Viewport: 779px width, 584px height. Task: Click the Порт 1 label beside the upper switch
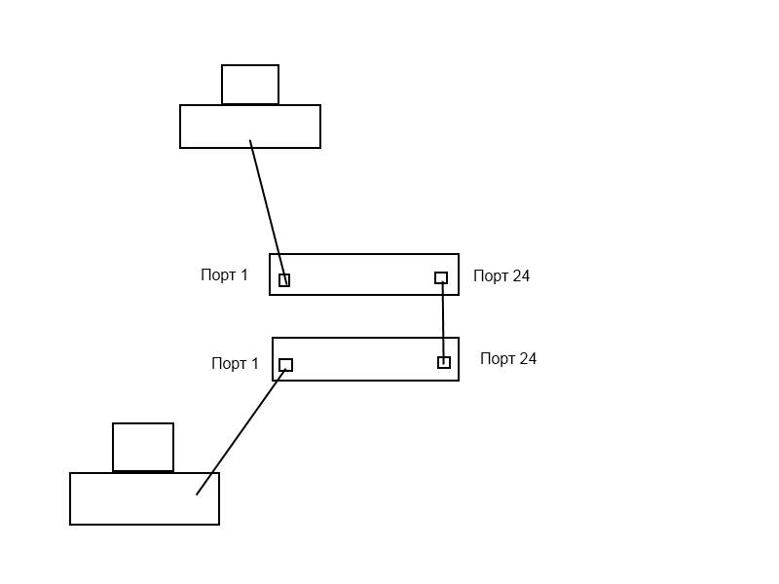pos(224,275)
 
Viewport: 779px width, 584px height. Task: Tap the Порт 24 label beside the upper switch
pos(501,276)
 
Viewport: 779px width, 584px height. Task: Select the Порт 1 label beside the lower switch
pos(235,364)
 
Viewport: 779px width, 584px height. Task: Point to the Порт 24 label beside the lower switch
pos(508,359)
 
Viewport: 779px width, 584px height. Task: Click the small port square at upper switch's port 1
pos(284,280)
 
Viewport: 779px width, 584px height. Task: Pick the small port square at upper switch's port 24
pos(441,278)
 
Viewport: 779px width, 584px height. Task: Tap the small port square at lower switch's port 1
pos(285,365)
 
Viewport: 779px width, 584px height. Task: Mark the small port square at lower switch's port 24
pos(444,363)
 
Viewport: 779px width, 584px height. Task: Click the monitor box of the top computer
pos(250,85)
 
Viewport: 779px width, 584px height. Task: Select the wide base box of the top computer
pos(214,127)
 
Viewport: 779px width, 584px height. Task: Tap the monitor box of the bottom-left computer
pos(143,447)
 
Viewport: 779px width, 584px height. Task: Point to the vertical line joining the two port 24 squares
pos(443,321)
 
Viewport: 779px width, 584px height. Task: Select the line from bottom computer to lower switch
pos(239,434)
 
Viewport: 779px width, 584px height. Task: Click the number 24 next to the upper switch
pos(521,276)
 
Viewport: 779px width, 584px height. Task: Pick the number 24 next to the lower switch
pos(528,359)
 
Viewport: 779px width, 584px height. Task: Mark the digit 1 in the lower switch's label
pos(255,364)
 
